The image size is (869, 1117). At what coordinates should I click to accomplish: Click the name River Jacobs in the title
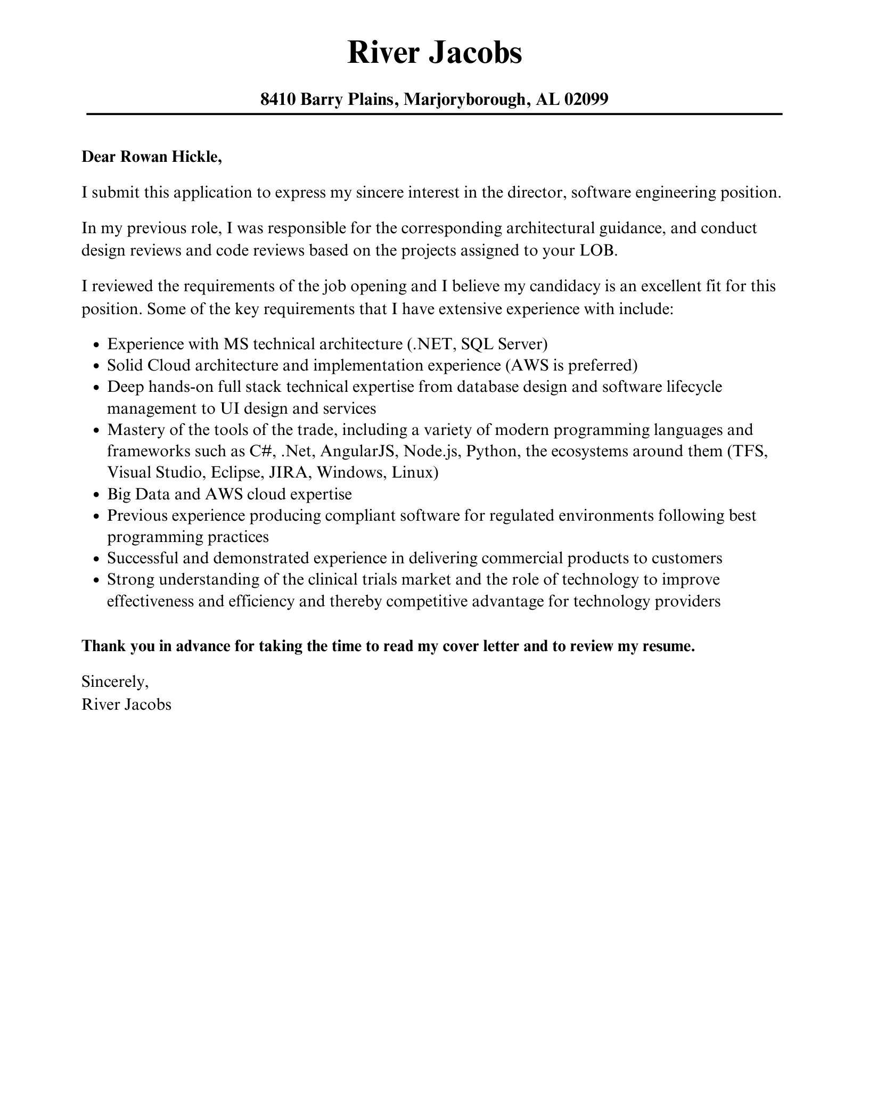pos(434,53)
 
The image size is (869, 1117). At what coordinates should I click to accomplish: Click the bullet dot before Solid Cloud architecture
pos(96,366)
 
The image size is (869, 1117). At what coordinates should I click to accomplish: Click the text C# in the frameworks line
pos(261,451)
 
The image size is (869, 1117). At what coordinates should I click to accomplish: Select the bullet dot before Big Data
pos(96,495)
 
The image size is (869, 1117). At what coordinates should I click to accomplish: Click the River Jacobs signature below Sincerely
pos(126,704)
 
